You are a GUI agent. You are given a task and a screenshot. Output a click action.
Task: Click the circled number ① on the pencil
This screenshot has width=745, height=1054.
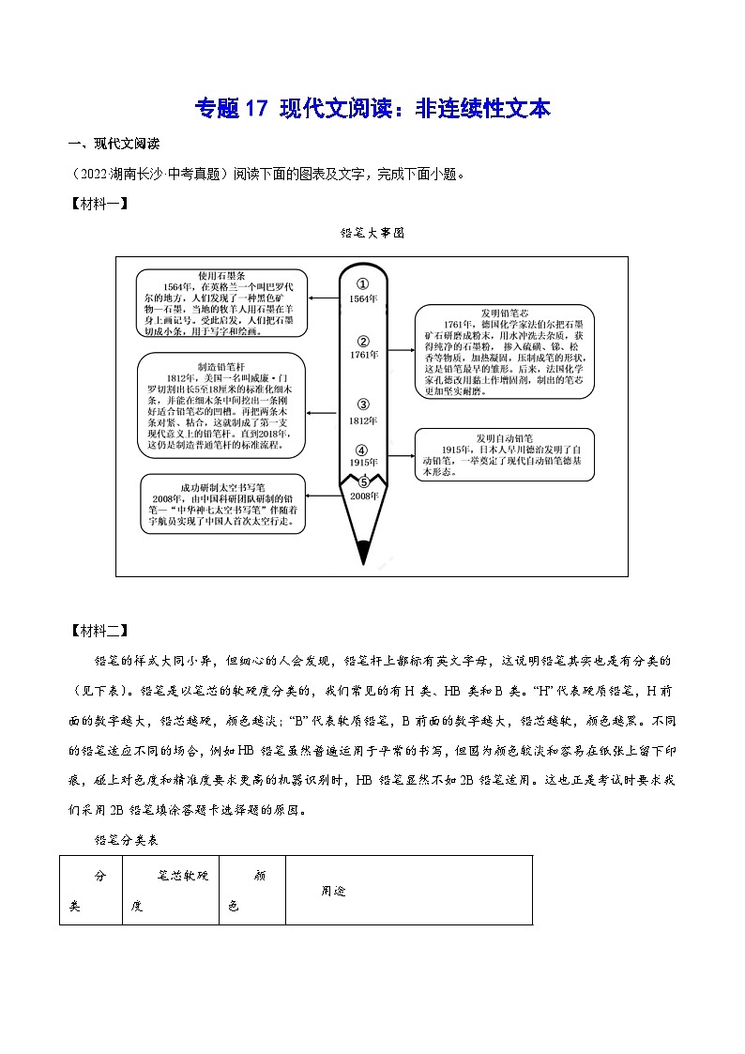tap(363, 283)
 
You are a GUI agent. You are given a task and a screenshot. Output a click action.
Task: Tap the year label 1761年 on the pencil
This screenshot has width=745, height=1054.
tap(363, 356)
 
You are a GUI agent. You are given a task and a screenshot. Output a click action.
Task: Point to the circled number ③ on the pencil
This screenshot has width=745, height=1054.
tap(363, 405)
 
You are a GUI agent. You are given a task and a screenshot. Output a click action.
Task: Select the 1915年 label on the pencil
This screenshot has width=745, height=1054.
tap(363, 463)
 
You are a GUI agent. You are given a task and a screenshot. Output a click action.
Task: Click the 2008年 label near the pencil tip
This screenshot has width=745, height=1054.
tap(363, 495)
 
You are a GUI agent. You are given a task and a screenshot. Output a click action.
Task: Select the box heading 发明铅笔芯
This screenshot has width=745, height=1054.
tap(504, 313)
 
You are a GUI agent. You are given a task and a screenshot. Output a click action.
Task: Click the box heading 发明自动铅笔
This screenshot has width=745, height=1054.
tap(504, 437)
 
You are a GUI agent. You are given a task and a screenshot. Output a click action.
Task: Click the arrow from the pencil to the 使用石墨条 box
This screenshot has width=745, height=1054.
tap(325, 298)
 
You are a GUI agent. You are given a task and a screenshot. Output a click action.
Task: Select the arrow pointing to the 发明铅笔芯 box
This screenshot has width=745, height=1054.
tap(400, 350)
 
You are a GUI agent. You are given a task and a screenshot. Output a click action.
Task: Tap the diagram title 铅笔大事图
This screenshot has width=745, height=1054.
tap(372, 235)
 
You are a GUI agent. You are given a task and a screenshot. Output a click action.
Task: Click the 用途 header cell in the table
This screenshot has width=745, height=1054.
tap(334, 891)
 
